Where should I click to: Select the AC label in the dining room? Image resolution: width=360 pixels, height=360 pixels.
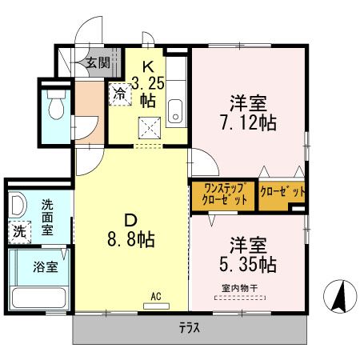(x=155, y=297)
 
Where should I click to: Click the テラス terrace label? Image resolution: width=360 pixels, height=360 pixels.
(x=189, y=328)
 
